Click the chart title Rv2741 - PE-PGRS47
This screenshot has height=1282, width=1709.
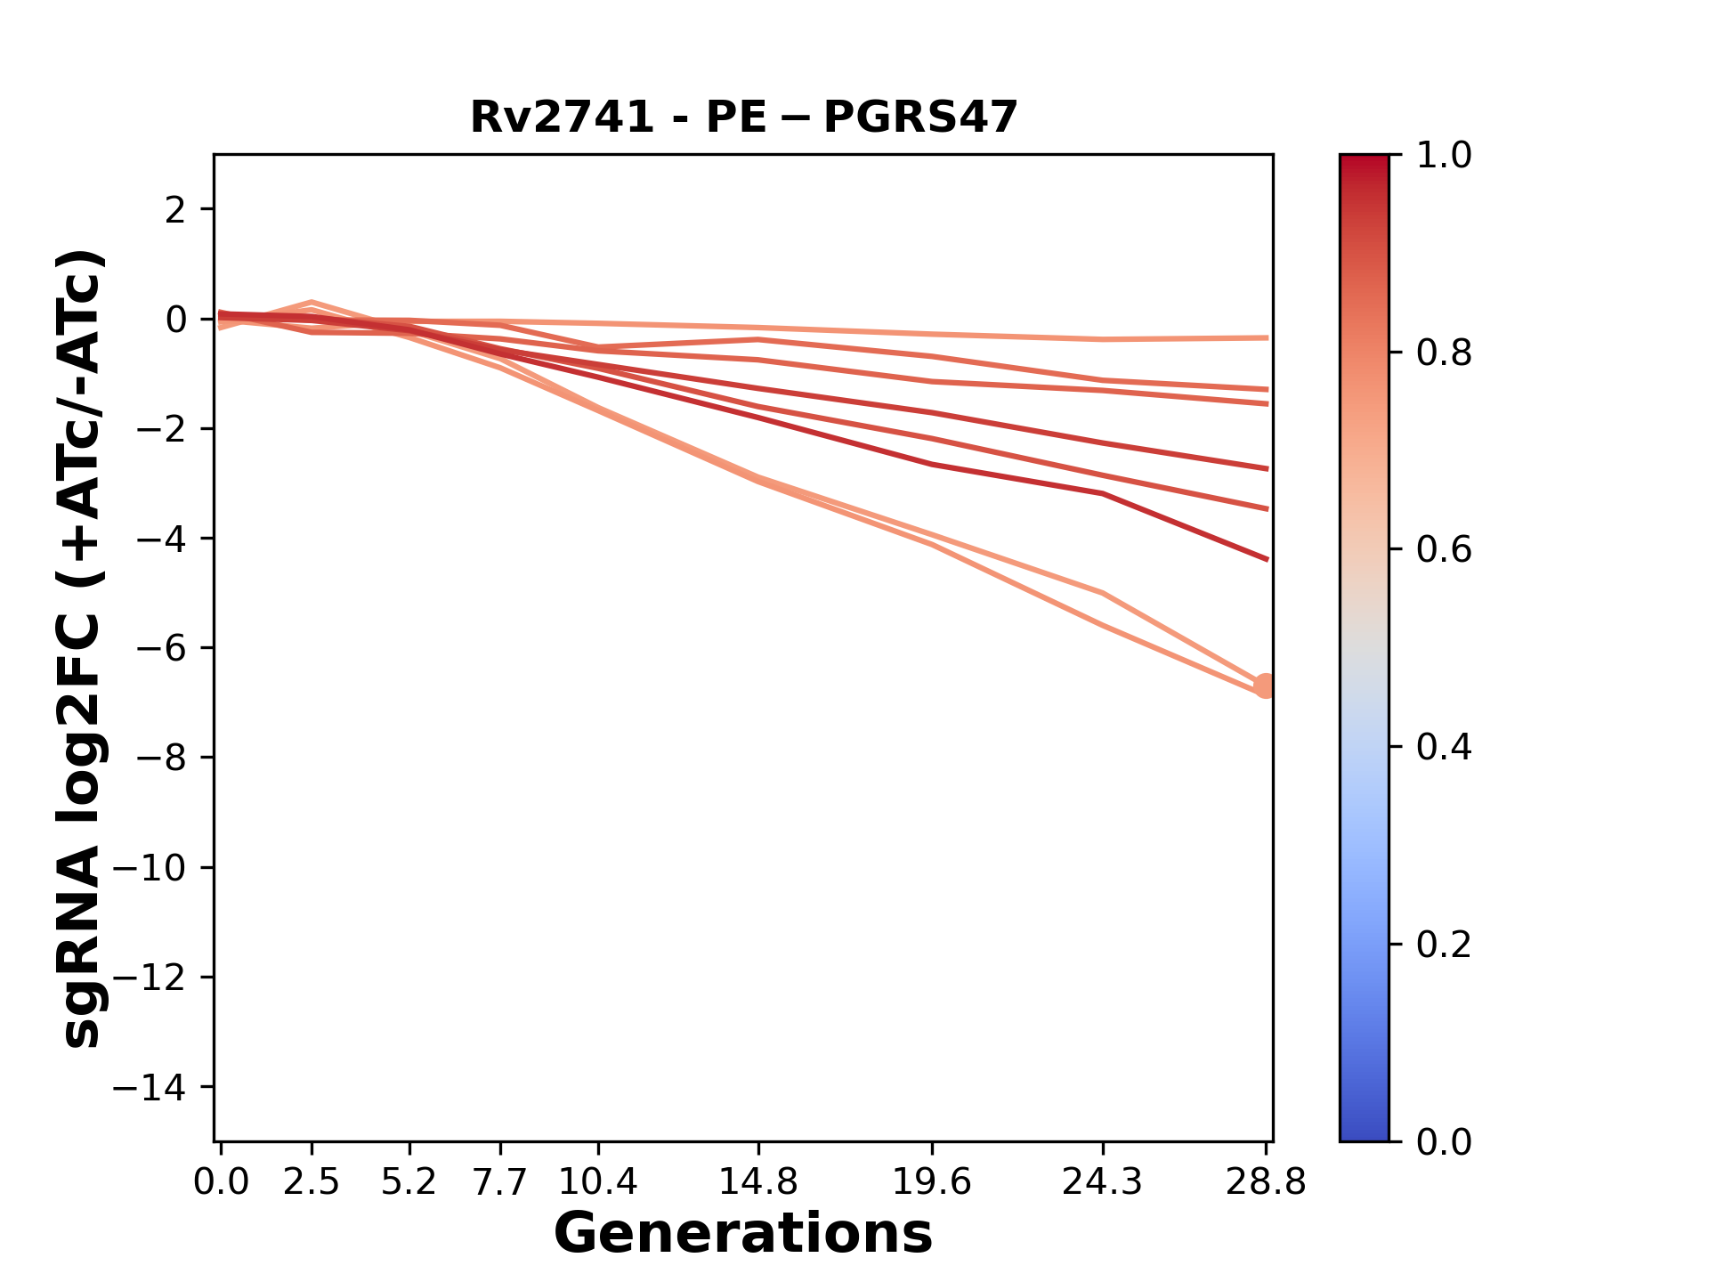(743, 118)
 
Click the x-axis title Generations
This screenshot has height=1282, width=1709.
(743, 1235)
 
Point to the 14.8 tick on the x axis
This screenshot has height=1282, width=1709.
(758, 1182)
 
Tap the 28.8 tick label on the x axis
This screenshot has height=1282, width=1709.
(1266, 1182)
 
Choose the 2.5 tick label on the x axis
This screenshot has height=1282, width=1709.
(312, 1182)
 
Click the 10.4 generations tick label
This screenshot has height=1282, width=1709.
(598, 1182)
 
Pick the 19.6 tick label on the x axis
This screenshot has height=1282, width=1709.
(932, 1182)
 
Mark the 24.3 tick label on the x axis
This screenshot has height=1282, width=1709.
(1103, 1182)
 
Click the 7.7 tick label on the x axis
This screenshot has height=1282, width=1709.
(501, 1182)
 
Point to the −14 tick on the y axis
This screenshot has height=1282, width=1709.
(161, 1087)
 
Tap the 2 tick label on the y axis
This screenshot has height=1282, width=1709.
(175, 209)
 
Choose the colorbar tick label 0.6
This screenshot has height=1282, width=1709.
(1444, 549)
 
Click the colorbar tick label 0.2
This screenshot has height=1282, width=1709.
(1444, 944)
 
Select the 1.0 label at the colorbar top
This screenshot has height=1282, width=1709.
(1444, 156)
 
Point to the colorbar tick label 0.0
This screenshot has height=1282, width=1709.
(1444, 1141)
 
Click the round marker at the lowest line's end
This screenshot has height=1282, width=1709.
(1265, 686)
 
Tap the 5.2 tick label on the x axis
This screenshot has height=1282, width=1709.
(409, 1182)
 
